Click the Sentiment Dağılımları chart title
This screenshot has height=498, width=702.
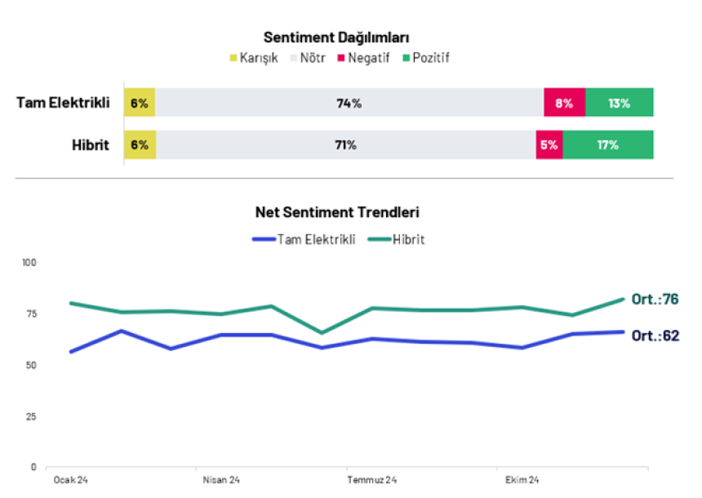click(336, 38)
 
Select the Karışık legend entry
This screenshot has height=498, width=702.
click(254, 58)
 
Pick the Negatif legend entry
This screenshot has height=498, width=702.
click(363, 58)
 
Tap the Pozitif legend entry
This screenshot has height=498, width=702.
click(425, 58)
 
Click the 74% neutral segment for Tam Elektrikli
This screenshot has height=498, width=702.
click(349, 103)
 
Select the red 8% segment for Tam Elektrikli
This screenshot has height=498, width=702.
click(565, 103)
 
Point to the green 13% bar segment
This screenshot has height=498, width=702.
click(619, 103)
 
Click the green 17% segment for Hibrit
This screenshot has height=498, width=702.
click(607, 145)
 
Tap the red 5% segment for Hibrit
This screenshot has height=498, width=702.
click(549, 145)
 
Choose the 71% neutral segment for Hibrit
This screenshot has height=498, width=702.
click(345, 145)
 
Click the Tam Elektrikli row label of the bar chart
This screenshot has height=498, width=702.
click(63, 103)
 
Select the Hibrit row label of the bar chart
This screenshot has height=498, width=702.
click(90, 145)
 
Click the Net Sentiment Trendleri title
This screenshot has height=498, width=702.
click(337, 212)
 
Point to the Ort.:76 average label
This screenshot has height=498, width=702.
click(655, 300)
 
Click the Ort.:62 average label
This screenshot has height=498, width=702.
click(655, 335)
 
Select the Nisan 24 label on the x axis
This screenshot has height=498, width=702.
click(221, 480)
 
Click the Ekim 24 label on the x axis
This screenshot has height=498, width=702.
click(522, 480)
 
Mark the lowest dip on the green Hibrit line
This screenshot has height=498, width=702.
click(322, 333)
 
